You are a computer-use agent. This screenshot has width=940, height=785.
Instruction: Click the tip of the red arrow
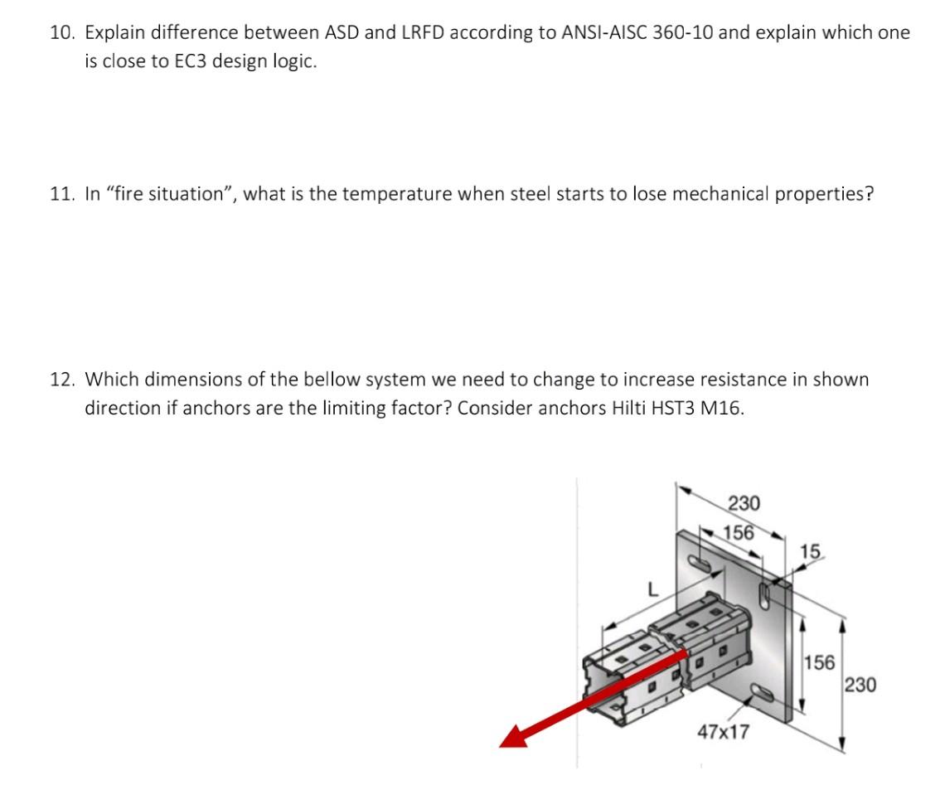click(502, 742)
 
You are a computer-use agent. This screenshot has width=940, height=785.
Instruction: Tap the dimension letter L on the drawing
click(652, 590)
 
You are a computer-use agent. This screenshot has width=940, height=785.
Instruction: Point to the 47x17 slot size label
click(723, 732)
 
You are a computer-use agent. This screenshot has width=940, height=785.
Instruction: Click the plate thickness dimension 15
click(811, 551)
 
